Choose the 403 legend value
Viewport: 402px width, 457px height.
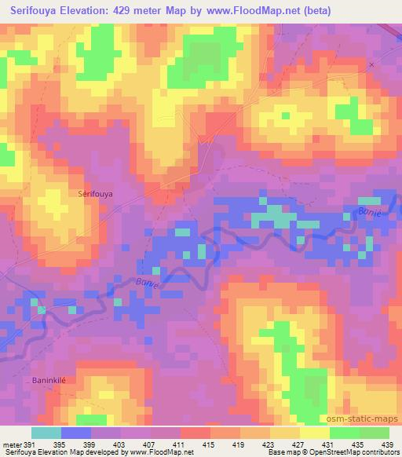pyautogui.click(x=119, y=444)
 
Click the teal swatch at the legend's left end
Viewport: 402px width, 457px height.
pyautogui.click(x=46, y=433)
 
